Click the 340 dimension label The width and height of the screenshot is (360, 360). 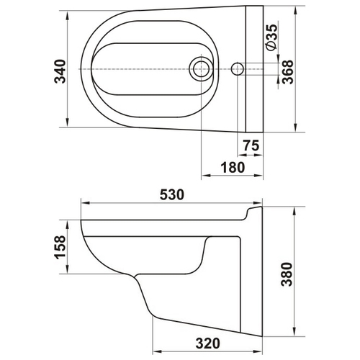tap(60, 71)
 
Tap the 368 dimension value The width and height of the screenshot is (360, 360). tap(287, 72)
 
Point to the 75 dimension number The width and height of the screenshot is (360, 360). tap(251, 145)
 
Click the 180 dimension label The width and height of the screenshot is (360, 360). tap(233, 167)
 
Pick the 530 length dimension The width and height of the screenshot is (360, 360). tap(172, 194)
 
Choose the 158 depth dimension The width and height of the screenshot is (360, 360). tap(60, 247)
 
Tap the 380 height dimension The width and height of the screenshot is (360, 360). tap(287, 274)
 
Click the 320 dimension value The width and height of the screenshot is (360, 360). tap(207, 343)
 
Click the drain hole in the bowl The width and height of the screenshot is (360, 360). tap(201, 69)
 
